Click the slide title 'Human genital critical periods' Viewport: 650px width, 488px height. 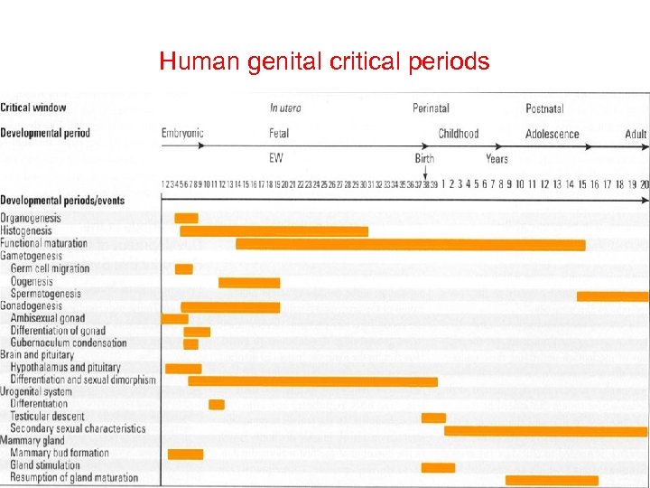pos(324,61)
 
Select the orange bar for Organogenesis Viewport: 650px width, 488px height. pos(186,218)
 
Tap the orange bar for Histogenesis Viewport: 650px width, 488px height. pos(274,231)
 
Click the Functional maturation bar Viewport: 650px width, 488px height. pos(410,244)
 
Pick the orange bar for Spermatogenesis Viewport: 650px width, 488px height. pos(612,296)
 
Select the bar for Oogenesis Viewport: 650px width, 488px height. pos(249,282)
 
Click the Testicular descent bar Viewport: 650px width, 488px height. pos(433,418)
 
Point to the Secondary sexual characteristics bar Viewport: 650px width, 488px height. pos(546,430)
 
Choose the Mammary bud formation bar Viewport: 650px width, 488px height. pos(185,454)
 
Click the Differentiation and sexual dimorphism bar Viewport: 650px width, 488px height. pos(312,381)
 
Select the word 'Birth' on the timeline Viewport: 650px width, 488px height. pos(424,159)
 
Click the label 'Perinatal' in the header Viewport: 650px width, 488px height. pos(431,108)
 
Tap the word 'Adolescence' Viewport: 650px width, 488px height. pos(552,134)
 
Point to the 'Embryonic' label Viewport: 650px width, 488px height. pos(182,134)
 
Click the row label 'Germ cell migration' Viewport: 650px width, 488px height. pos(51,268)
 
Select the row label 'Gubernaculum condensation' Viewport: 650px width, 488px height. pos(69,343)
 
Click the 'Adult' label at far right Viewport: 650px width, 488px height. pos(636,134)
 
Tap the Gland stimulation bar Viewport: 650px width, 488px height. pos(438,467)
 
